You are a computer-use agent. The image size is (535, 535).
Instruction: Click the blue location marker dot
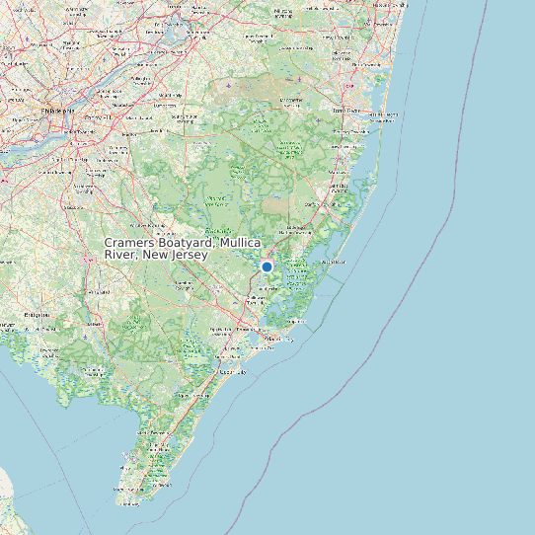point(267,267)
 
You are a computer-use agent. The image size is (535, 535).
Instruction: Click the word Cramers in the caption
point(131,243)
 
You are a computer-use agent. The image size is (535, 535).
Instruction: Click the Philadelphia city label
point(56,111)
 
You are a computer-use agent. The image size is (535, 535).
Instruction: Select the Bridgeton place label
point(37,315)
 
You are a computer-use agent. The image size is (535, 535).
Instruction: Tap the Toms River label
point(346,111)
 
